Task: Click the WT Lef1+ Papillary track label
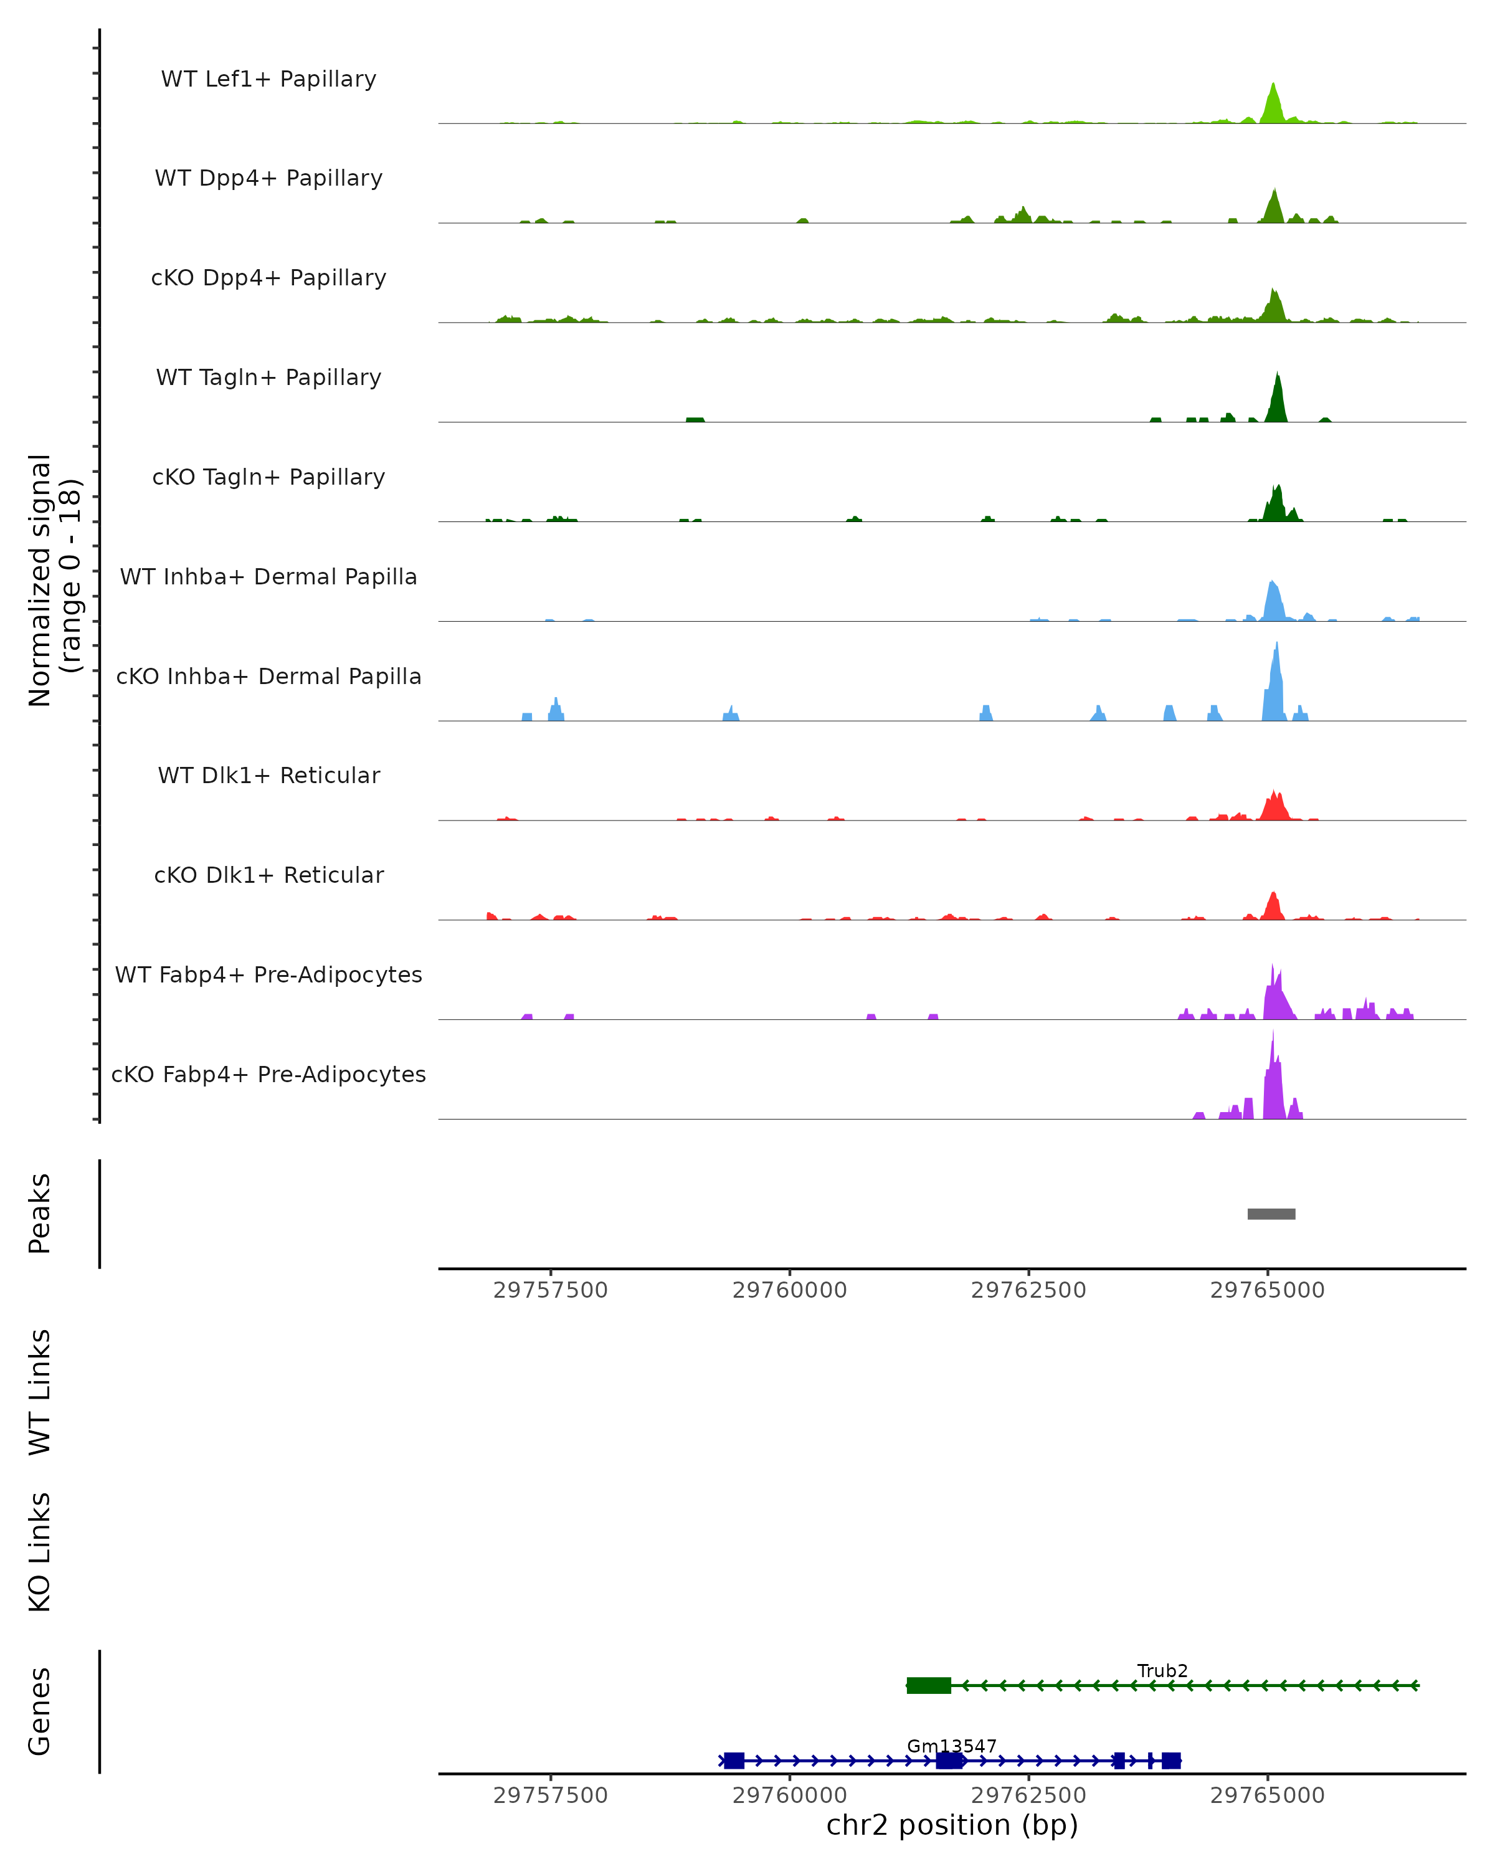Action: click(268, 79)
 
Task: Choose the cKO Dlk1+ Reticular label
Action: click(268, 875)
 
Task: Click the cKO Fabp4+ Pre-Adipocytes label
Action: click(268, 1074)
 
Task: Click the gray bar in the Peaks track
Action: click(1271, 1214)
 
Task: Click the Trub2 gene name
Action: click(1162, 1670)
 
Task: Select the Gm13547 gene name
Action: click(952, 1746)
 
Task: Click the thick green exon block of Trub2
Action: click(928, 1685)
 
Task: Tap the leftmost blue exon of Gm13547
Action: click(734, 1761)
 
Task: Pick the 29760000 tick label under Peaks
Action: click(789, 1290)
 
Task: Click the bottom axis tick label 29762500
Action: click(1028, 1795)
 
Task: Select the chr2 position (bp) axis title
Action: click(952, 1825)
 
